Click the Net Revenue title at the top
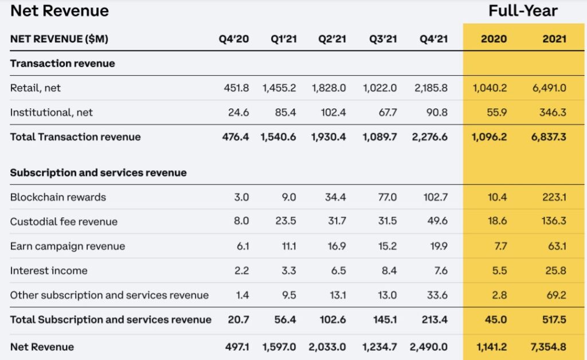point(60,11)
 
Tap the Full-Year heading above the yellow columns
point(523,11)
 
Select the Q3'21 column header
point(384,39)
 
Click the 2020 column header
point(494,39)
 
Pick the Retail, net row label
point(36,88)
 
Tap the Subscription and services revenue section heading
point(99,173)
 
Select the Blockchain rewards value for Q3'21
point(386,197)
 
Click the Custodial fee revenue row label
point(64,222)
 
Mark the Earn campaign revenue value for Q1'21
point(288,246)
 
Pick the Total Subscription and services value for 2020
point(496,320)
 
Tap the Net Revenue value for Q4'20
point(237,347)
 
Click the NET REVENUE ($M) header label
point(59,39)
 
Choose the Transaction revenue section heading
point(62,64)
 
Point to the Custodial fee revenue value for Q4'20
point(242,222)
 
